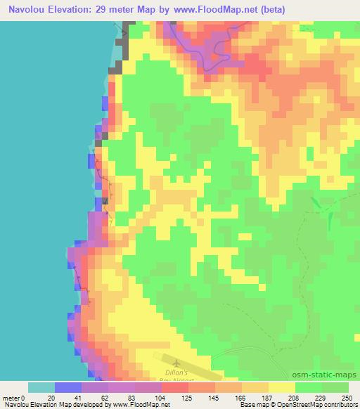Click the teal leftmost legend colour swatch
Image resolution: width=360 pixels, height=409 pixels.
pyautogui.click(x=41, y=387)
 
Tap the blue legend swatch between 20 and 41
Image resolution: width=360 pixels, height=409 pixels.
pyautogui.click(x=68, y=387)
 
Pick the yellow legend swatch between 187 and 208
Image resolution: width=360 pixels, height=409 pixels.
pyautogui.click(x=281, y=387)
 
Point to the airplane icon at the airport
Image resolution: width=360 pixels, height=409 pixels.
pyautogui.click(x=174, y=362)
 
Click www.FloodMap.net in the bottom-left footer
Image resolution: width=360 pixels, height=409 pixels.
pyautogui.click(x=138, y=405)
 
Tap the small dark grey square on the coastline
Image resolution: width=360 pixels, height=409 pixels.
pyautogui.click(x=105, y=202)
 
